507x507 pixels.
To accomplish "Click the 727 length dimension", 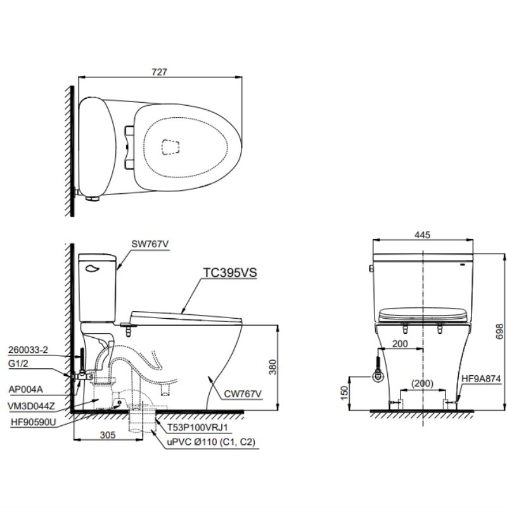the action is pos(160,72).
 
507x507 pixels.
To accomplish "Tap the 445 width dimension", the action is pos(422,234).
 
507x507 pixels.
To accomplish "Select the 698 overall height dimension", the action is pos(500,331).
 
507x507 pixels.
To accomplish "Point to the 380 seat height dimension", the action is pos(273,367).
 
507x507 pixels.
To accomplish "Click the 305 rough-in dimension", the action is pos(108,435).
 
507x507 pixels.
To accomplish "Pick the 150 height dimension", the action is pos(345,393).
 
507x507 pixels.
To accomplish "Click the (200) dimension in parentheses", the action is pos(422,383).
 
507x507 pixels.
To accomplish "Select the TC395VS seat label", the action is pos(230,273).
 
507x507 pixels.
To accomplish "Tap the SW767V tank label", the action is pos(150,244).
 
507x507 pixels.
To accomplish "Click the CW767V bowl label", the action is pos(243,394).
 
